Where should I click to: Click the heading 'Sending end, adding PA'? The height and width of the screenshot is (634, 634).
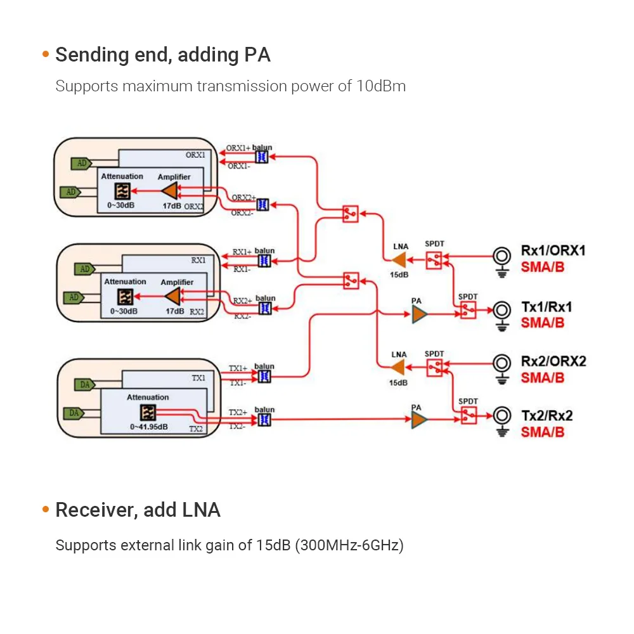(x=163, y=55)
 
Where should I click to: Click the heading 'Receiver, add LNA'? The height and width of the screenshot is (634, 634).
(x=138, y=510)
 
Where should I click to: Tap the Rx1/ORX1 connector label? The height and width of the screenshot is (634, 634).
(x=553, y=250)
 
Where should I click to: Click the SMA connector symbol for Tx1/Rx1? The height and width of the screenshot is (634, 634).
(x=503, y=310)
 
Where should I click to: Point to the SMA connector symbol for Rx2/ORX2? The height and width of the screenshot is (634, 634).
(x=503, y=363)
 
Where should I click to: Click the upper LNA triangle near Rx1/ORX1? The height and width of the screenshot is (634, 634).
(x=399, y=259)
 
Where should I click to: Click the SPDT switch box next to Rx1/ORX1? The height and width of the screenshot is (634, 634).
(x=434, y=259)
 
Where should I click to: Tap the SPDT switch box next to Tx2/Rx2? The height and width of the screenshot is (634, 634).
(x=468, y=416)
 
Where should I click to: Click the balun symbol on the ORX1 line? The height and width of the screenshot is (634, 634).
(x=261, y=157)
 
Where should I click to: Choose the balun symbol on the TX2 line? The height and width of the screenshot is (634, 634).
(x=264, y=420)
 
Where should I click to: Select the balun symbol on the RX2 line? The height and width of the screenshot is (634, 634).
(x=265, y=308)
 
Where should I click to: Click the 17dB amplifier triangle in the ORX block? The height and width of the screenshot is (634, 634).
(x=170, y=191)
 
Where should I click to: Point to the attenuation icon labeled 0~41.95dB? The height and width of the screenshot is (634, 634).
(x=148, y=413)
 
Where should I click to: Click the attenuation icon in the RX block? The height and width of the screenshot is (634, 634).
(x=125, y=296)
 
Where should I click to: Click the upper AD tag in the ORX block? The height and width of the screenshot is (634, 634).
(x=80, y=163)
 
